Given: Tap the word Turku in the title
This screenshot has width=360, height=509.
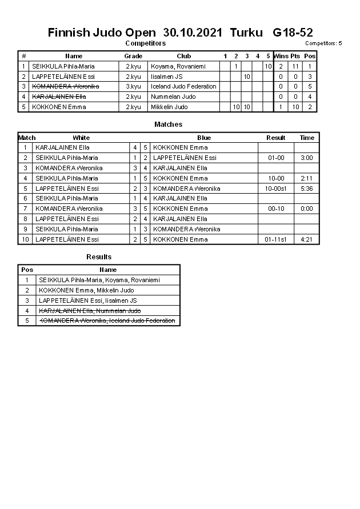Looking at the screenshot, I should click(246, 33).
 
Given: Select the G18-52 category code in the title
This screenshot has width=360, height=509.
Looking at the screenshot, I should click(293, 33).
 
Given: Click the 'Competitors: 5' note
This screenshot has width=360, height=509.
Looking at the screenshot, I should click(323, 43).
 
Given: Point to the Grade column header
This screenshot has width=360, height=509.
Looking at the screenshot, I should click(133, 56).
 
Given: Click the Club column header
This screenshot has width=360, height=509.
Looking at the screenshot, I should click(183, 56).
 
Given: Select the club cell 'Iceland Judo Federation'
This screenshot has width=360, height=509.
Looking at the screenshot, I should click(183, 87).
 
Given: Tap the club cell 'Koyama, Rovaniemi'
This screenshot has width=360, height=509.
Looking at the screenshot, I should click(178, 66).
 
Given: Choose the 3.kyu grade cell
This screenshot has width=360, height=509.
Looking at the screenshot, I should click(133, 87).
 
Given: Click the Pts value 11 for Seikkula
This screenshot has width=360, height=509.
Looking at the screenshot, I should click(295, 66).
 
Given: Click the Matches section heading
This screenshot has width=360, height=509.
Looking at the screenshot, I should click(169, 125).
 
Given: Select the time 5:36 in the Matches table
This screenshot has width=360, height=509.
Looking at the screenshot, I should click(307, 189).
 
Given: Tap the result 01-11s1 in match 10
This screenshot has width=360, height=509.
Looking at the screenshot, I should click(276, 239).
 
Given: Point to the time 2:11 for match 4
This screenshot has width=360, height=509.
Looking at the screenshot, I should click(307, 178).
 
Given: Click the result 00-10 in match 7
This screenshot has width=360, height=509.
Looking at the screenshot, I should click(276, 209).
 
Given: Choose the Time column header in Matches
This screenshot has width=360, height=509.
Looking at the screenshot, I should click(307, 138).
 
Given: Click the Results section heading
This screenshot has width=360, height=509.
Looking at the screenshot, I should click(99, 257).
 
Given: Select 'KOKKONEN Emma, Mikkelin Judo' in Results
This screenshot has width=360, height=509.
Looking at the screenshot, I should click(86, 290).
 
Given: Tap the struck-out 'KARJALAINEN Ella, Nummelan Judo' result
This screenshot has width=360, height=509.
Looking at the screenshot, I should click(89, 311).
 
